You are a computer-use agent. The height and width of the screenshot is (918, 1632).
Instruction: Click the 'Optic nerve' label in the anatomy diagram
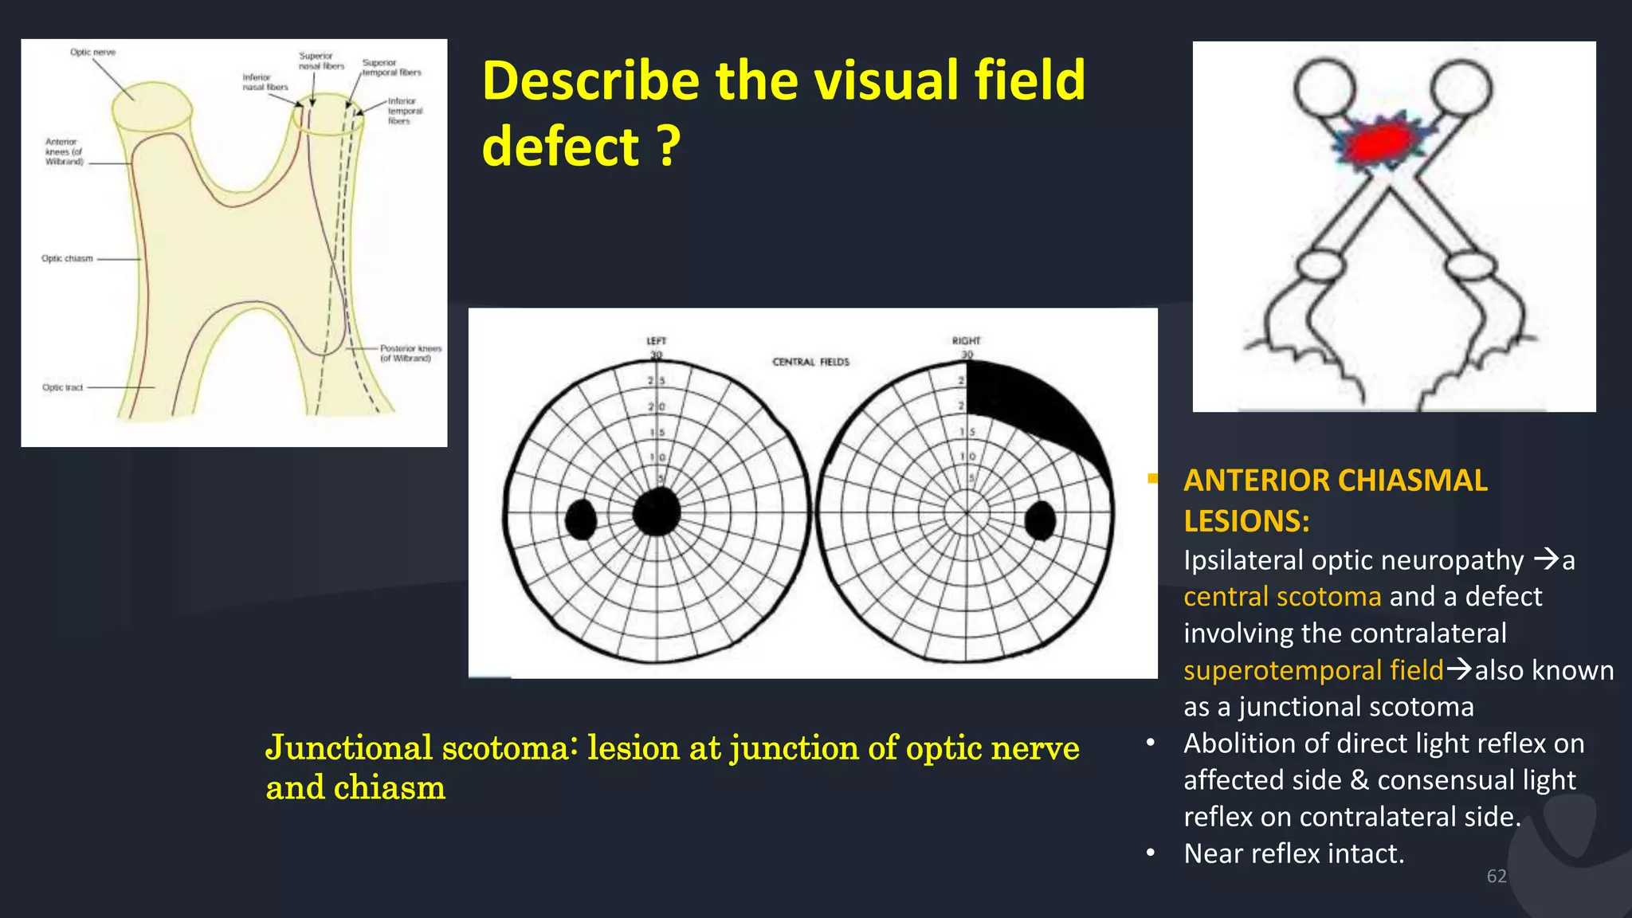click(x=92, y=53)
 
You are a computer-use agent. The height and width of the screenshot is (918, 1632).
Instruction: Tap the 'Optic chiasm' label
click(x=67, y=259)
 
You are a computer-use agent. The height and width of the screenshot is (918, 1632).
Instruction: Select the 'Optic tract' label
click(x=62, y=388)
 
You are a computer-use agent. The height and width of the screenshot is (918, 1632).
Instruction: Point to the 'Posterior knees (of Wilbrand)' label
click(x=410, y=353)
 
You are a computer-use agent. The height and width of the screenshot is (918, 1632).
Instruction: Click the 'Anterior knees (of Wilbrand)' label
click(x=64, y=151)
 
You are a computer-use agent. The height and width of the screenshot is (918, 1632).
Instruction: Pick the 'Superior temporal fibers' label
click(x=390, y=68)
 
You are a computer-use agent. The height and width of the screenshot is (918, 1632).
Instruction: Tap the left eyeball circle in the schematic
click(x=1324, y=88)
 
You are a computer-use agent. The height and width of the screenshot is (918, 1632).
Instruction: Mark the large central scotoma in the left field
click(x=657, y=512)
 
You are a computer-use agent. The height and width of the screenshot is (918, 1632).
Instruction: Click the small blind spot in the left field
click(x=581, y=520)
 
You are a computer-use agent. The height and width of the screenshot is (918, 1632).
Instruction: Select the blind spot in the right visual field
click(x=1040, y=520)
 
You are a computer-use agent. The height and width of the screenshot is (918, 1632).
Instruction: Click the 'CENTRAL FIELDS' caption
click(x=810, y=362)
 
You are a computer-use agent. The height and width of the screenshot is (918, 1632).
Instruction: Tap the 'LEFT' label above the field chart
click(x=656, y=341)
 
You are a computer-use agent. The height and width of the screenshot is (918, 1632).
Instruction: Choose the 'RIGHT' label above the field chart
click(x=966, y=341)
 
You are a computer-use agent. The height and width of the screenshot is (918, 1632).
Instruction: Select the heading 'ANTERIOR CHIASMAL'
click(x=1335, y=481)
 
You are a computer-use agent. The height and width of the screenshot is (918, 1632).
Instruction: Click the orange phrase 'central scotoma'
click(x=1281, y=597)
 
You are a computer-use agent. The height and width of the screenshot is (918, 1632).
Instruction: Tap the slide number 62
click(x=1496, y=877)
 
